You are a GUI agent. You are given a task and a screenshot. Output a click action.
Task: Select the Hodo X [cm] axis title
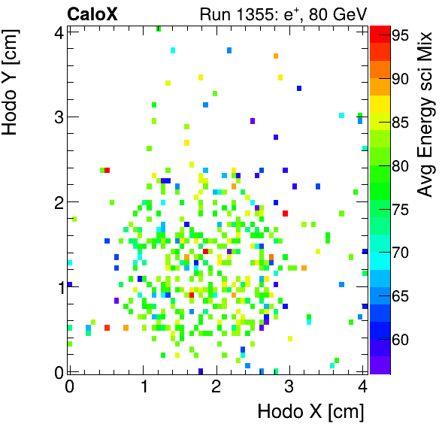pos(310,412)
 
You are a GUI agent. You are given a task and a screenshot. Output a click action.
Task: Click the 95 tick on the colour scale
pos(401,35)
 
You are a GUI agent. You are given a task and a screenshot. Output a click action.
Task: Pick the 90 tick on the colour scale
pos(401,78)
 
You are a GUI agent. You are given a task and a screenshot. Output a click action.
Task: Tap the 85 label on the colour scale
pos(401,122)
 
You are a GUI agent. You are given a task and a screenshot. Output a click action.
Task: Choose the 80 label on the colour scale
pos(401,165)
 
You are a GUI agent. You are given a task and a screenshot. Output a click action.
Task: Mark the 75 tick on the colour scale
pos(401,209)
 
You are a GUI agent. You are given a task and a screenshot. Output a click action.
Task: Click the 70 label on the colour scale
pos(401,253)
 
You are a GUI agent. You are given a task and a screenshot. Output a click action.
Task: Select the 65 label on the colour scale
pos(401,296)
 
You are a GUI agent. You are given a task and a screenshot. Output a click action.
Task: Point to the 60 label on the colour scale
pos(401,340)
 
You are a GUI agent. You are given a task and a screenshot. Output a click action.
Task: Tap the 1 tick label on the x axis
pos(143,386)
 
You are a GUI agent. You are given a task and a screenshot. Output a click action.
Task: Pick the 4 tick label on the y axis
pos(56,32)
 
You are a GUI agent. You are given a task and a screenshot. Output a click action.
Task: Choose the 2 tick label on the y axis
pos(56,202)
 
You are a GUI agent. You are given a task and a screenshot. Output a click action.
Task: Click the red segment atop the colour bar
pos(380,33)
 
